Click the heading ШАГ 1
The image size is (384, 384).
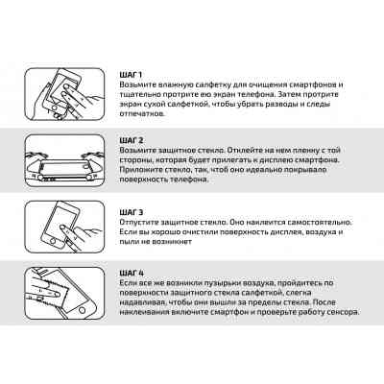pos(131,75)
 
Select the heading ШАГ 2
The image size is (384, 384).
pos(132,140)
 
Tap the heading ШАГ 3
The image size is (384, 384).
pos(132,212)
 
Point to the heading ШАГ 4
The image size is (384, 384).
pos(132,274)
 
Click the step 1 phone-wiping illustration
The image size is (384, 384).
pos(64,94)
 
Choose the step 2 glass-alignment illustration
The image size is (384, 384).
pos(64,160)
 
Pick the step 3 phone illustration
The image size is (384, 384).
pos(64,227)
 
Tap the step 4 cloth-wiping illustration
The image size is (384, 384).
pos(64,294)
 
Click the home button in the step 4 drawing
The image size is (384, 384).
pos(83,310)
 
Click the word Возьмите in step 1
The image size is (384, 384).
pos(135,84)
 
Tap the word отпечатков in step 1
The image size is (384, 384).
pos(142,114)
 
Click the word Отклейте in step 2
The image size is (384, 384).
pos(245,150)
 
